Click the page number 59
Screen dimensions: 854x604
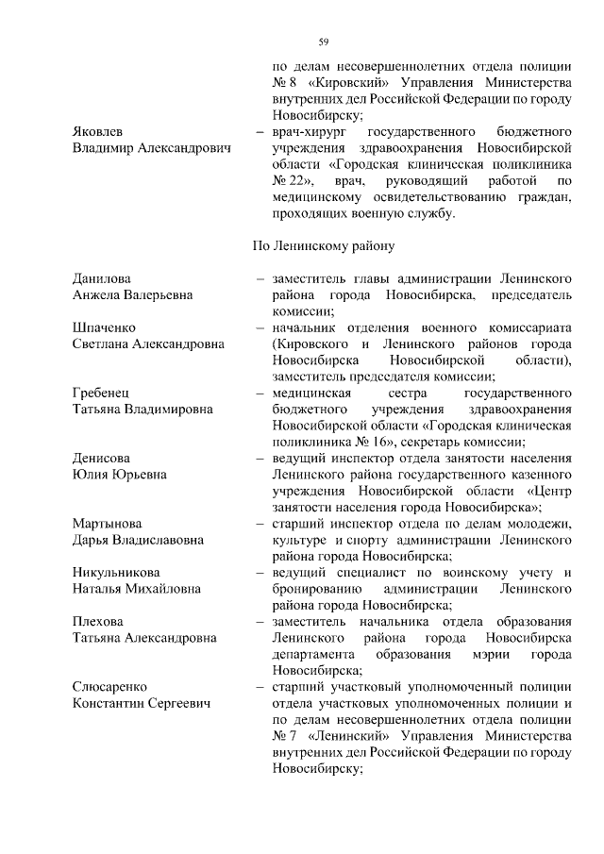[323, 42]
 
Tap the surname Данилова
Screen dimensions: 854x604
[102, 278]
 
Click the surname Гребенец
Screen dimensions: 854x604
[103, 393]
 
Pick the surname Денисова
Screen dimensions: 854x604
[101, 458]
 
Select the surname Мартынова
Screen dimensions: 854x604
[107, 524]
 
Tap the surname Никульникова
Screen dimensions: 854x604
[116, 573]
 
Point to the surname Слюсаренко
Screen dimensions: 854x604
[111, 687]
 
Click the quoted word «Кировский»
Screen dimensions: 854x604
[344, 83]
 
